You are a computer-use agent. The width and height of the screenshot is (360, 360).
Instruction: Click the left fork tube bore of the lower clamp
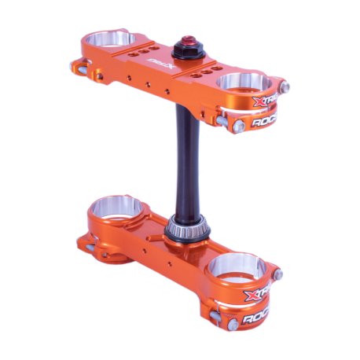tap(117, 210)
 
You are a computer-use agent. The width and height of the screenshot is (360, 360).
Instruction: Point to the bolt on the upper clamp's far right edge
tap(285, 86)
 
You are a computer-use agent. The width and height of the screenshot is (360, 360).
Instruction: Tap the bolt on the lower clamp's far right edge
tap(277, 275)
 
